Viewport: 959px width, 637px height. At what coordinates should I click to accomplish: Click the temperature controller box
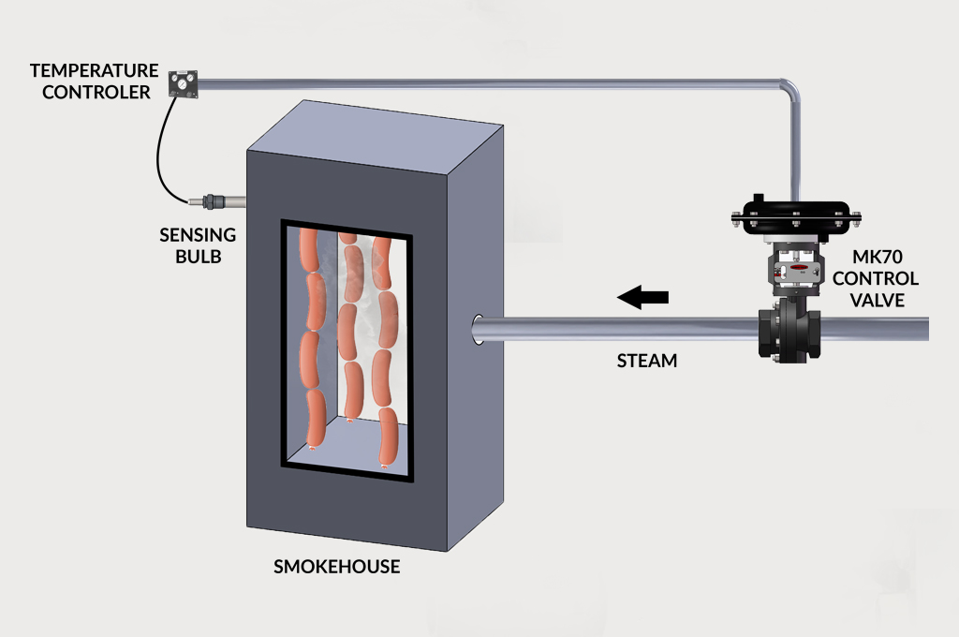[x=184, y=83]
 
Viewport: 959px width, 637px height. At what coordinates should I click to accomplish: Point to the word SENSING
[x=197, y=235]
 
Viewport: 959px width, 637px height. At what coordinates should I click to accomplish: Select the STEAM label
[x=646, y=361]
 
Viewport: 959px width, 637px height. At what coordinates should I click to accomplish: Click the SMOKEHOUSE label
[x=336, y=567]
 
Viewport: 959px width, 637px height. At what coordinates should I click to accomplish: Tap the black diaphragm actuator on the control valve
[x=792, y=214]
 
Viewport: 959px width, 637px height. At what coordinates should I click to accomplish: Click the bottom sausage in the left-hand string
[x=315, y=418]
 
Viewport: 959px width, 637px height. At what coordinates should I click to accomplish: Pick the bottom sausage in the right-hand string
[x=387, y=439]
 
